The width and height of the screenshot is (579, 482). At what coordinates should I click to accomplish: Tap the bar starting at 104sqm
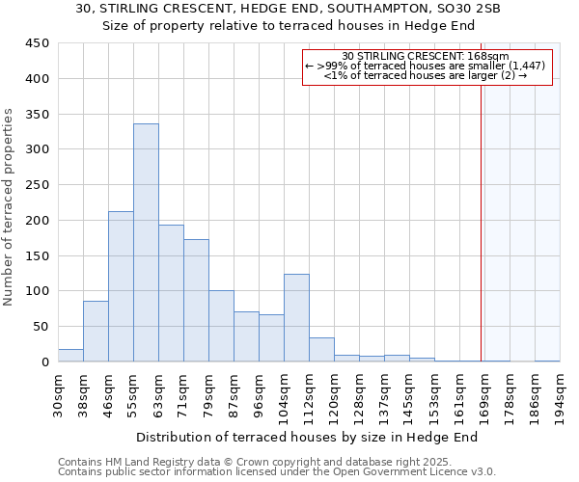click(296, 318)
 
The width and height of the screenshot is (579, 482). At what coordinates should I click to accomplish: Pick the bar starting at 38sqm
click(96, 332)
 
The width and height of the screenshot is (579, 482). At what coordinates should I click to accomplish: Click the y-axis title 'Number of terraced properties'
click(10, 206)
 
